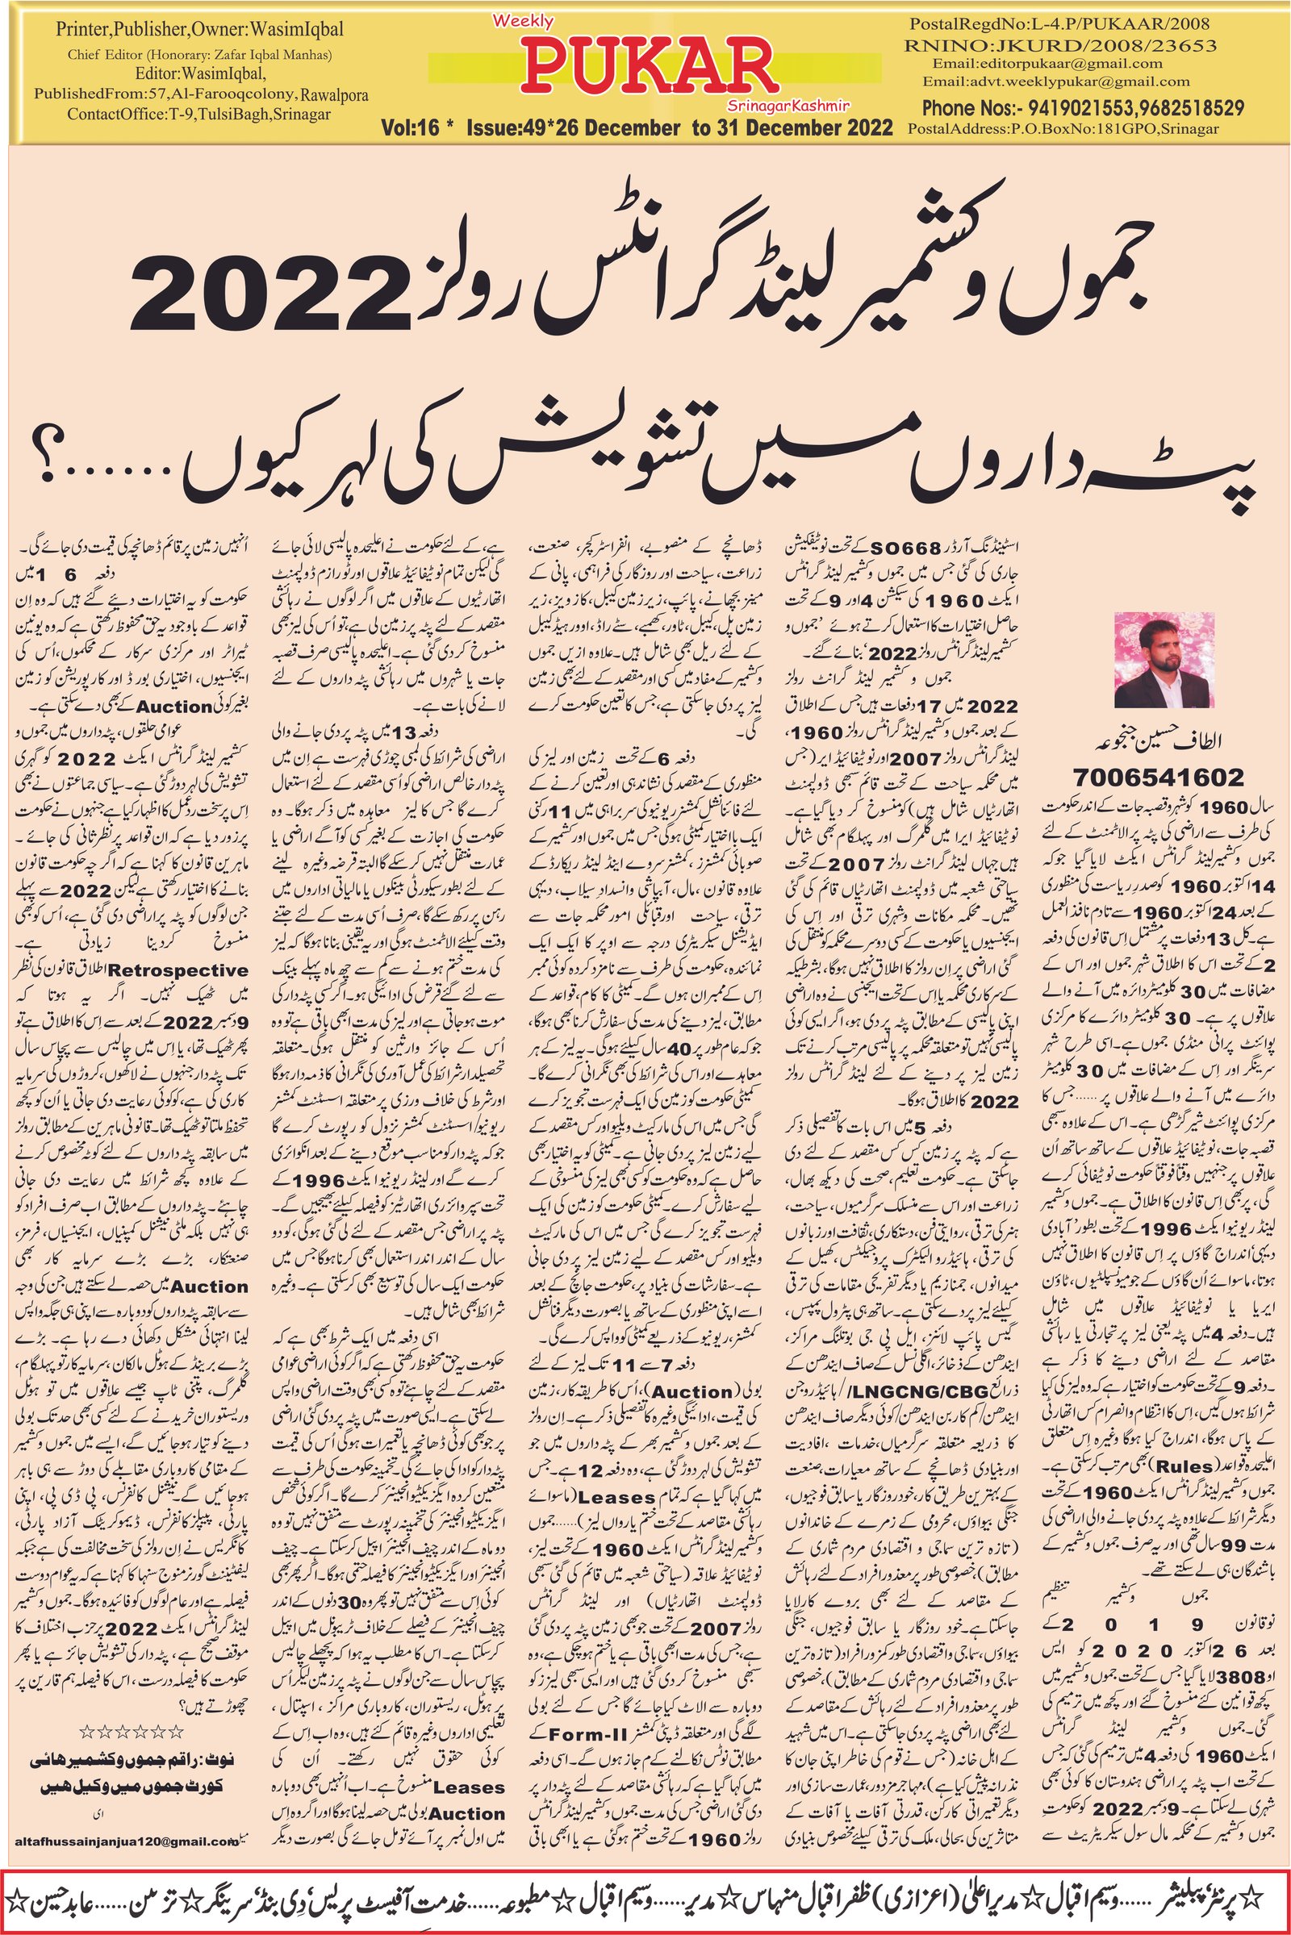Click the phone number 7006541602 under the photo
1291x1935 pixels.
click(1159, 777)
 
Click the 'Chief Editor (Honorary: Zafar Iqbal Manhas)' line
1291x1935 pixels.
click(187, 56)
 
